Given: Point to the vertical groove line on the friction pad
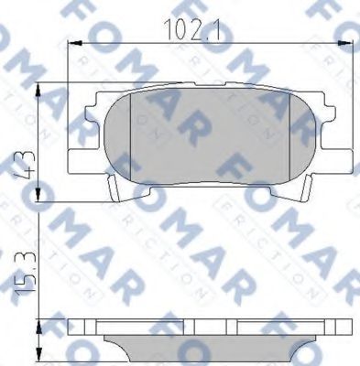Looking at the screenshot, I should (x=134, y=137).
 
